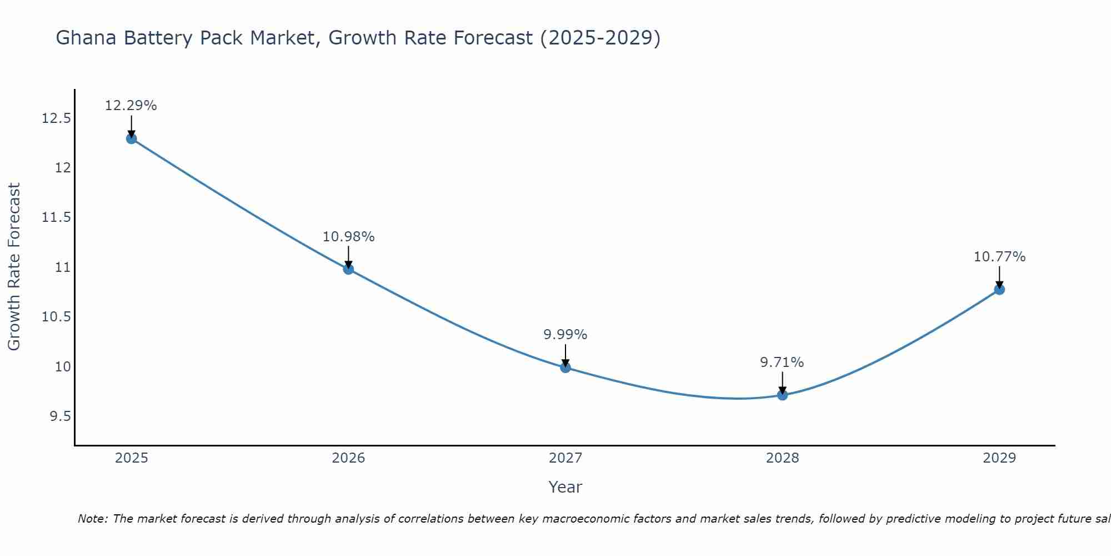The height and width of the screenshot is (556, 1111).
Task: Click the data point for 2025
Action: coord(132,138)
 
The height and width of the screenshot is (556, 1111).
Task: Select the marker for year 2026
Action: coord(348,269)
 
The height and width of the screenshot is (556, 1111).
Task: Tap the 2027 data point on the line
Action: coord(565,367)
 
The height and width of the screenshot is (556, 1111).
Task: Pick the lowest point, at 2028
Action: coord(782,395)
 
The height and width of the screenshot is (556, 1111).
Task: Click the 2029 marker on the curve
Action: coord(999,289)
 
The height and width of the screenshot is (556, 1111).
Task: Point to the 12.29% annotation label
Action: coord(131,106)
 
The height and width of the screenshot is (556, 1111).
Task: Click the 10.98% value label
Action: coord(348,237)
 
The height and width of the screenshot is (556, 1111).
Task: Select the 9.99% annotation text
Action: coord(565,335)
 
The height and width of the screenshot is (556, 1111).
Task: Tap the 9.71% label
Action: coord(782,363)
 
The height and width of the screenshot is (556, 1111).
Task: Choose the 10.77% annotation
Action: coord(999,257)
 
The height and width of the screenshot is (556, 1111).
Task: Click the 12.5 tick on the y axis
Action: coord(57,118)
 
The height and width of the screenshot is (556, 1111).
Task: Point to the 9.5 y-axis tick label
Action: coord(61,416)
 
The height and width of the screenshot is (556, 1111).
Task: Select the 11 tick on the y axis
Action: coord(63,267)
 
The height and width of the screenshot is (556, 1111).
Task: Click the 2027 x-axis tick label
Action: coord(565,458)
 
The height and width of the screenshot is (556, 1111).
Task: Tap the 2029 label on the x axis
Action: coord(999,458)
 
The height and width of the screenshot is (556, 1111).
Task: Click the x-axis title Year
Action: coord(565,487)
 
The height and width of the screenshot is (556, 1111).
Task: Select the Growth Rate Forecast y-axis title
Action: coord(14,267)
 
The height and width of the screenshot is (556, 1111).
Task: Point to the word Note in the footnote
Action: coord(93,519)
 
